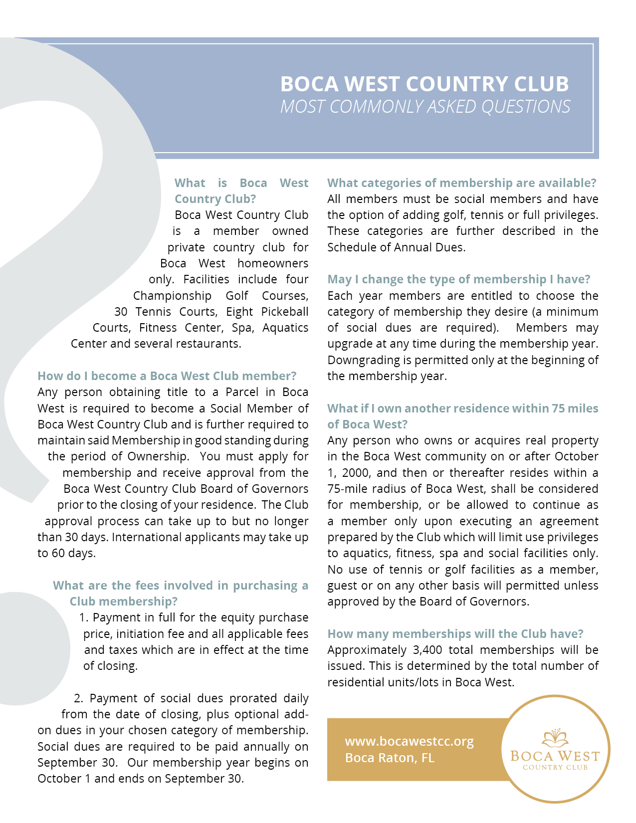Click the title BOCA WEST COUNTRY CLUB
pos(424,84)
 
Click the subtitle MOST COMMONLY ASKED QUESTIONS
pos(425,107)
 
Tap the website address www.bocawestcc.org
pos(409,741)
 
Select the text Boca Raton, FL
pos(390,758)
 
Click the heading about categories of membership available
pos(461,183)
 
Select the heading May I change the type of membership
pos(458,279)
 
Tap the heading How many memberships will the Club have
pos(455,634)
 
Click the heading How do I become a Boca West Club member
pos(167,376)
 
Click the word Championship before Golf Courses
pos(172,296)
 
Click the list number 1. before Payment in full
pos(83,617)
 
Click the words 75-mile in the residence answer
pos(347,489)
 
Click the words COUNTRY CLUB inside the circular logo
pos(555,768)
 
